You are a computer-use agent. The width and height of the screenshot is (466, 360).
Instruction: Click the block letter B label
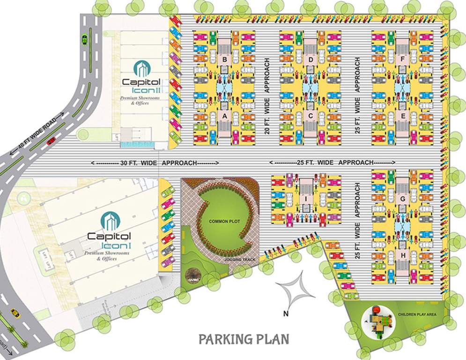(x=225, y=60)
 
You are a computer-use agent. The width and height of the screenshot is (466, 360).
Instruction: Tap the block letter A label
(x=225, y=115)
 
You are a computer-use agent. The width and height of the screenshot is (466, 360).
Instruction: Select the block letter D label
(x=311, y=60)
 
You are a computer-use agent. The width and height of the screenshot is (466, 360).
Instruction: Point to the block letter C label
(x=311, y=115)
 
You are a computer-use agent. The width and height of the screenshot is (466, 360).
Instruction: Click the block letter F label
(x=403, y=60)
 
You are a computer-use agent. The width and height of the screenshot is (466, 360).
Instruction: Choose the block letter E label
(x=403, y=115)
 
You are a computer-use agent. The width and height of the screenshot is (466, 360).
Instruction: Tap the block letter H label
(x=403, y=255)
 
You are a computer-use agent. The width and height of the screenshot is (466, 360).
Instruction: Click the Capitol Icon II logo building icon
(x=141, y=68)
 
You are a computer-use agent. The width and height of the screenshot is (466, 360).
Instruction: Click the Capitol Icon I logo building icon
(x=111, y=220)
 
